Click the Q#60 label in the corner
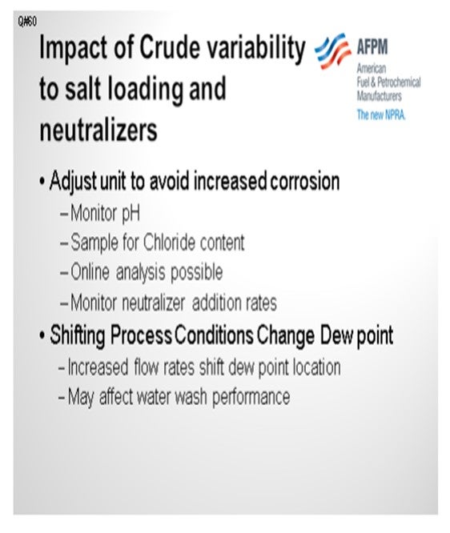point(27,22)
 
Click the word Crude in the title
point(170,47)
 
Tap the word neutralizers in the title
point(98,130)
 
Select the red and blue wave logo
point(332,51)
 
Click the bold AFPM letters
point(372,46)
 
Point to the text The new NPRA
point(381,115)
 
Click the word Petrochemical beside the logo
point(399,82)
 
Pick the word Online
point(90,272)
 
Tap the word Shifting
point(77,336)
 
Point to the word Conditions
point(214,335)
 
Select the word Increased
point(98,367)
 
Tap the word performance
point(251,397)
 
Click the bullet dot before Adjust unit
point(42,182)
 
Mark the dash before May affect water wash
point(62,397)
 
